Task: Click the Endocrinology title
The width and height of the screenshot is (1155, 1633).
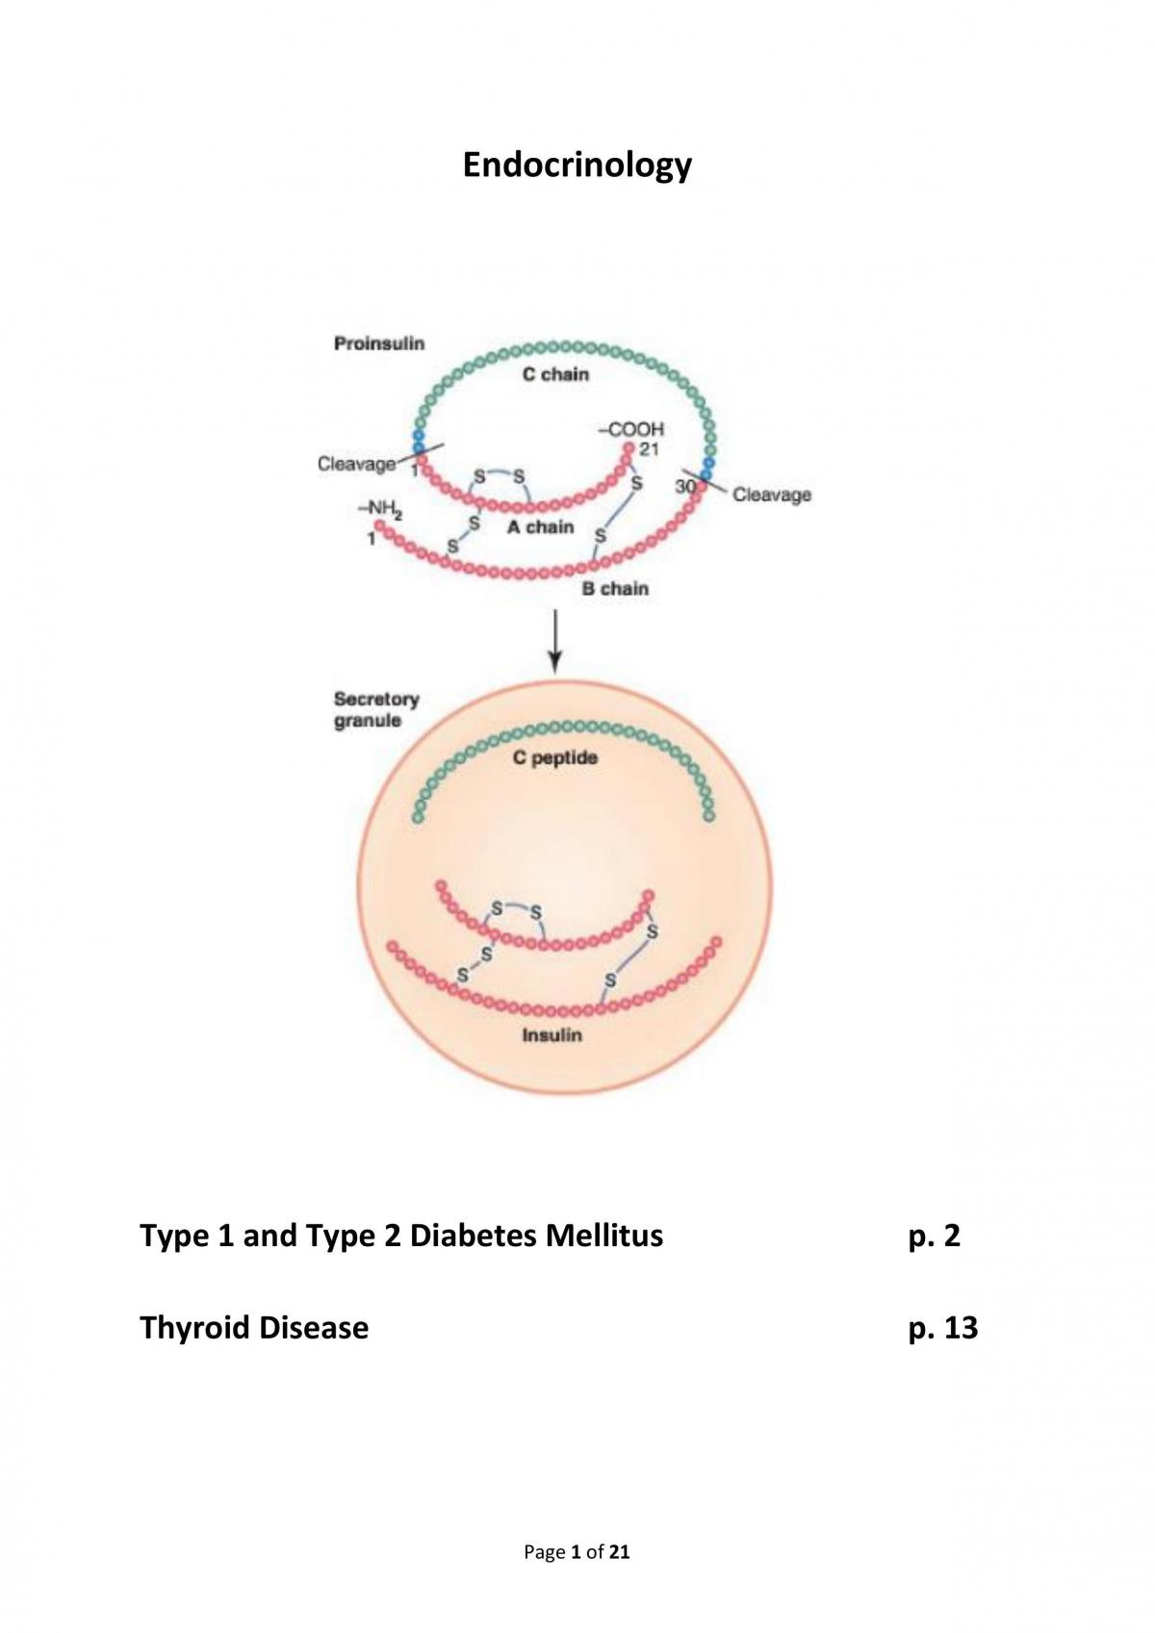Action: (577, 166)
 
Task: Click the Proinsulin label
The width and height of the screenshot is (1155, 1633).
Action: (379, 344)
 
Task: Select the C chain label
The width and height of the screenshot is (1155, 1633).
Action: (555, 374)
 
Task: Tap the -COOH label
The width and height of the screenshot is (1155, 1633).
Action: (631, 429)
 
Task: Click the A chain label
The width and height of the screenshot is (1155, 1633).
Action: (541, 527)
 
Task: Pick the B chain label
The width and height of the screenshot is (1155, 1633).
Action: (615, 588)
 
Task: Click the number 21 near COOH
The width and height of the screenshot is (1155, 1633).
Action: (649, 449)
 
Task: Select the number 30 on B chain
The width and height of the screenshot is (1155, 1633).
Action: (684, 486)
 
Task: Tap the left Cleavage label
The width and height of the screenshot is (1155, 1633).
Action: (356, 464)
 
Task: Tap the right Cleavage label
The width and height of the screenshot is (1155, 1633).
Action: (772, 495)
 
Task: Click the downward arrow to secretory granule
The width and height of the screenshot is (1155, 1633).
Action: (555, 642)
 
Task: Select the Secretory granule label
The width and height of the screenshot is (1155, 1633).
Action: (377, 709)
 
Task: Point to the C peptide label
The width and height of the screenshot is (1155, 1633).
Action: (555, 758)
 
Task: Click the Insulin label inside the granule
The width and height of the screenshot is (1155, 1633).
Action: (552, 1035)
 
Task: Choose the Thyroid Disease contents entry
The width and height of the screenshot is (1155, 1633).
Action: (254, 1328)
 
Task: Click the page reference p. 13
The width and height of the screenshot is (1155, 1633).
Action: (943, 1328)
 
